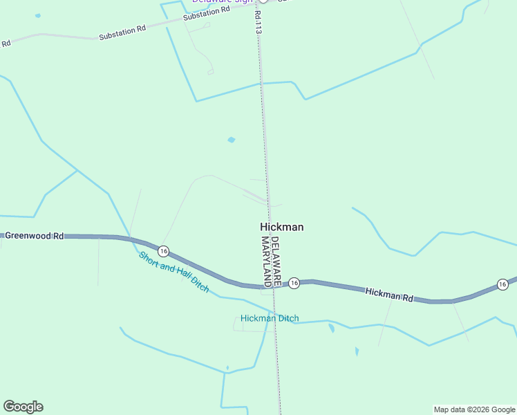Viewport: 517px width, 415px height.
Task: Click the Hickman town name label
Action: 281,227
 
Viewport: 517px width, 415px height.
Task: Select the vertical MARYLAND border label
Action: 265,261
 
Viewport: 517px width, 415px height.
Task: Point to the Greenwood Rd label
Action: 34,236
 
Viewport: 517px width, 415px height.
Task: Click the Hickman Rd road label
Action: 389,295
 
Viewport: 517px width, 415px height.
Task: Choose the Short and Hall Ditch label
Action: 173,272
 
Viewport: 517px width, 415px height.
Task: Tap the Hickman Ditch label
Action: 270,318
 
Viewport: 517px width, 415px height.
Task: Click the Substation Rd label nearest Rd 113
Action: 207,13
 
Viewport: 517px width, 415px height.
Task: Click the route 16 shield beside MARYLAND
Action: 294,283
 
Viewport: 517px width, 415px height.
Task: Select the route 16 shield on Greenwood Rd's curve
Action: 162,250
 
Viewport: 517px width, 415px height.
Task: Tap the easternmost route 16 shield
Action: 502,284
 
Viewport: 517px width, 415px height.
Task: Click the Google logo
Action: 23,407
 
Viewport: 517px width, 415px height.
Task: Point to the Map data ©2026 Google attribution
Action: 474,409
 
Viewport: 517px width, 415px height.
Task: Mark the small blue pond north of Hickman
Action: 231,140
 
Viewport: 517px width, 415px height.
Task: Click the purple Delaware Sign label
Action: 222,1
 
